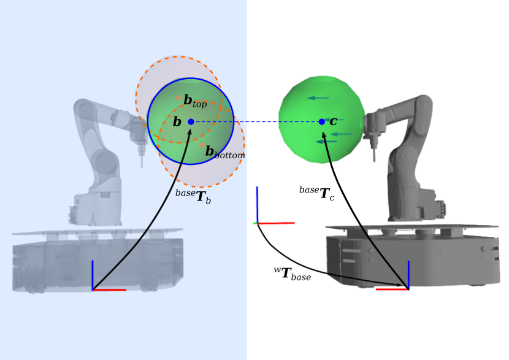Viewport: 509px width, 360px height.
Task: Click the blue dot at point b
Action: tap(191, 121)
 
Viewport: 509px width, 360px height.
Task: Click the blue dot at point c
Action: tap(322, 121)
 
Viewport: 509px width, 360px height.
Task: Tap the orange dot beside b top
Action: tap(178, 98)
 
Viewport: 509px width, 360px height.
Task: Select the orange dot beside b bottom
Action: tap(202, 145)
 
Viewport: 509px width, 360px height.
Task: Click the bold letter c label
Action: tap(334, 121)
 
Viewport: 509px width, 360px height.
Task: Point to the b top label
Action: tap(195, 101)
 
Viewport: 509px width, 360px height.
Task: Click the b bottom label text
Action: tap(225, 152)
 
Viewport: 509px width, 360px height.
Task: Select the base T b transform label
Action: tap(193, 196)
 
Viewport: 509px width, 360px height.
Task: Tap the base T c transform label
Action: tap(317, 193)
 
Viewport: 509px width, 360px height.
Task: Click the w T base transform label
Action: tap(293, 274)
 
